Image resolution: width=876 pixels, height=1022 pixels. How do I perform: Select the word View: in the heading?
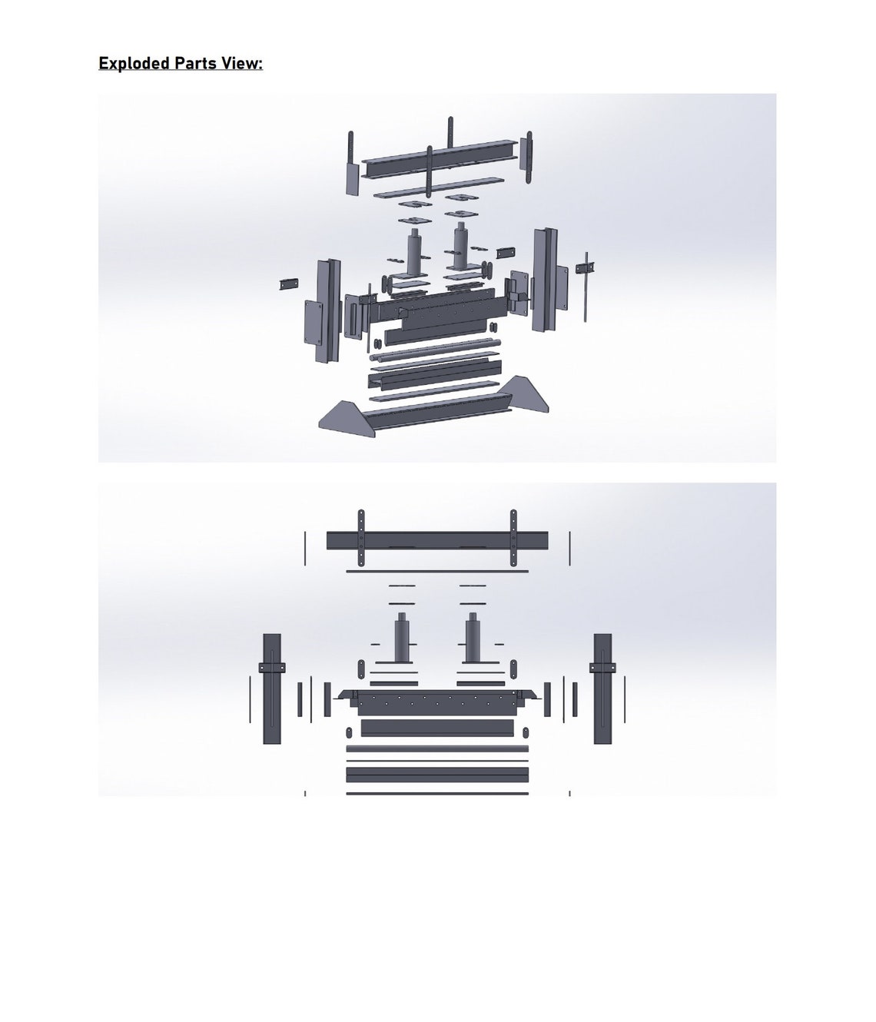tap(242, 63)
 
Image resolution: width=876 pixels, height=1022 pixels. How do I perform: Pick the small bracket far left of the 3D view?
tap(288, 284)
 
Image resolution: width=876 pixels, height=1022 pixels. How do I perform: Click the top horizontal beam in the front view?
tap(437, 540)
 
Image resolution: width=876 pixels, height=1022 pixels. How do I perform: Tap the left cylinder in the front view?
tap(401, 640)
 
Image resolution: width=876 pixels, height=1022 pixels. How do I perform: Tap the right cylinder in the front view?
tap(473, 640)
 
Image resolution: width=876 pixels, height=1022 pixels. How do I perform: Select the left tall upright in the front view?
tap(272, 689)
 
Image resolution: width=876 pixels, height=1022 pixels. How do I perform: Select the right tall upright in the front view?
tap(602, 689)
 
